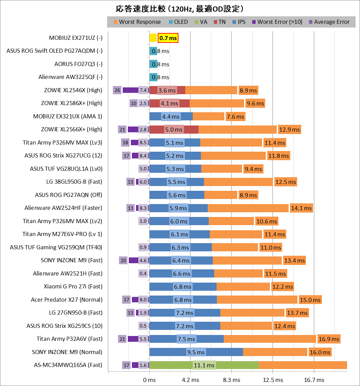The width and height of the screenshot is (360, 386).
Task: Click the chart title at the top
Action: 180,9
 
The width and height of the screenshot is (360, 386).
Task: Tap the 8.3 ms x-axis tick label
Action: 232,380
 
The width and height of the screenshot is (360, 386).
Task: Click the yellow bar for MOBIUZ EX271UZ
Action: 153,38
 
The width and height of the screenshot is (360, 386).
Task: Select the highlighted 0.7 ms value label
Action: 168,38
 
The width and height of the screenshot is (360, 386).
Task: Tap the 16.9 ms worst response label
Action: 329,339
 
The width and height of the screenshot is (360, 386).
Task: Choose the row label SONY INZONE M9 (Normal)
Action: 67,352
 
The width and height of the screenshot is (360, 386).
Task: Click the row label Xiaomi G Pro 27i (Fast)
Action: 73,286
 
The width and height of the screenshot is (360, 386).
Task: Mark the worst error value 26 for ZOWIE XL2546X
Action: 117,90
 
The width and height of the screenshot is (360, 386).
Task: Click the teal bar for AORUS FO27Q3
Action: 153,64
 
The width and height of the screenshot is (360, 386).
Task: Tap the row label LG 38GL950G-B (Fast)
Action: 74,182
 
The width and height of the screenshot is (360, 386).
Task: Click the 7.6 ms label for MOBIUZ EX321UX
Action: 235,117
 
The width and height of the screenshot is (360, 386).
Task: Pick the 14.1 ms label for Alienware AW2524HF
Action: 301,208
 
